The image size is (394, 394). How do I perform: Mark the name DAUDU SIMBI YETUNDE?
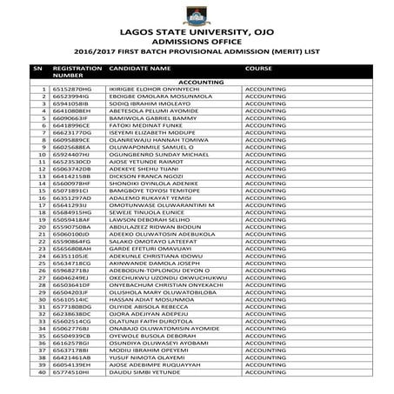click(x=143, y=371)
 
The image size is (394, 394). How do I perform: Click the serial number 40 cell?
click(x=40, y=371)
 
